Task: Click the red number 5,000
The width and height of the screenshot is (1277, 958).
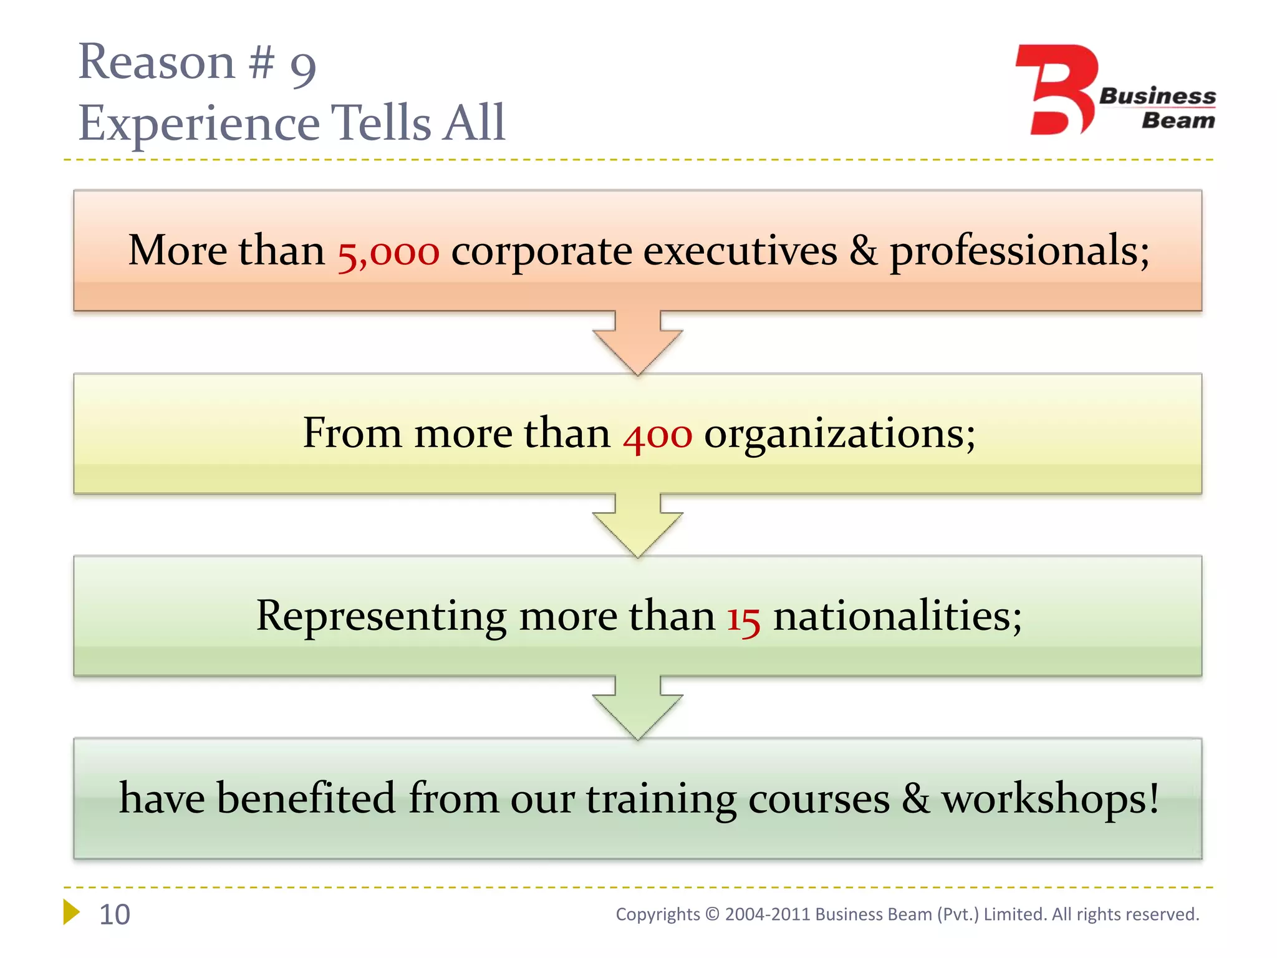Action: coord(388,253)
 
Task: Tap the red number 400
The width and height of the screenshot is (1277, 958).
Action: coord(657,435)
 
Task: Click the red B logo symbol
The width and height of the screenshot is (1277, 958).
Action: coord(1056,89)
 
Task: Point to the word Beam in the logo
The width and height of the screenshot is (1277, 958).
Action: coord(1178,120)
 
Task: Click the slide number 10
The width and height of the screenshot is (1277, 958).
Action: coord(115,914)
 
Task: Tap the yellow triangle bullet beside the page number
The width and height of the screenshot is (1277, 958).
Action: coord(71,912)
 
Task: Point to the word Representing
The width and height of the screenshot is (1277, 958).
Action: coord(381,617)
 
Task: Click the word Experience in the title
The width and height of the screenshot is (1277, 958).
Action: coord(199,123)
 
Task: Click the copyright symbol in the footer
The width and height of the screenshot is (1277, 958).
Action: coord(712,914)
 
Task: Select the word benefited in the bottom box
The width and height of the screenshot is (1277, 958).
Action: coord(306,799)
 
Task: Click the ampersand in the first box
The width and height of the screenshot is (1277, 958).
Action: coord(863,252)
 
